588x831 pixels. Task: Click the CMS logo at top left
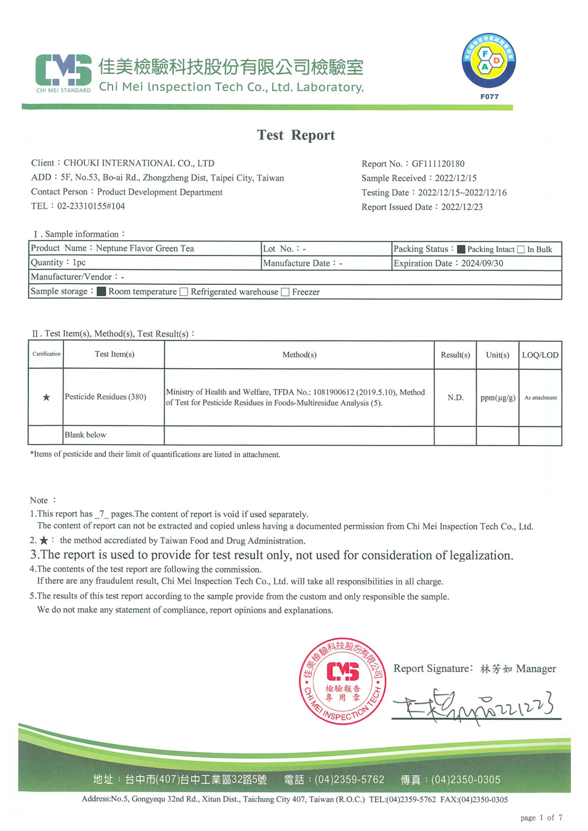pos(64,72)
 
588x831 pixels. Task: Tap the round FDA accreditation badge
pos(489,61)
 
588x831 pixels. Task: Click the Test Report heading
pos(296,135)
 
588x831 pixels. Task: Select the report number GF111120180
pos(438,164)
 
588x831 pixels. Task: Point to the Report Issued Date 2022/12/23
pos(462,207)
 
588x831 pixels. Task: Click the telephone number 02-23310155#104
pos(91,206)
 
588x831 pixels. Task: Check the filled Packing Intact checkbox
pos(462,250)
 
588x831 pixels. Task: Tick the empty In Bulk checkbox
pos(521,250)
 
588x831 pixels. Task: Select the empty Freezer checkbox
pos(285,292)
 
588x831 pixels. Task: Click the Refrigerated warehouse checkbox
pos(184,292)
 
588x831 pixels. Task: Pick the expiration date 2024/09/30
pos(482,264)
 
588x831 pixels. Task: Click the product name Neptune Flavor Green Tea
pos(145,248)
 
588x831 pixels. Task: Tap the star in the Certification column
pos(46,398)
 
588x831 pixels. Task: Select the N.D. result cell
pos(455,398)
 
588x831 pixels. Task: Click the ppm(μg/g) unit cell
pos(497,398)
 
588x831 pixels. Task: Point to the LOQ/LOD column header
pos(540,355)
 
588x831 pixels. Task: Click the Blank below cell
pos(85,435)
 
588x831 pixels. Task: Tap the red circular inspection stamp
pos(343,681)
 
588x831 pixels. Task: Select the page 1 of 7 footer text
pos(541,817)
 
